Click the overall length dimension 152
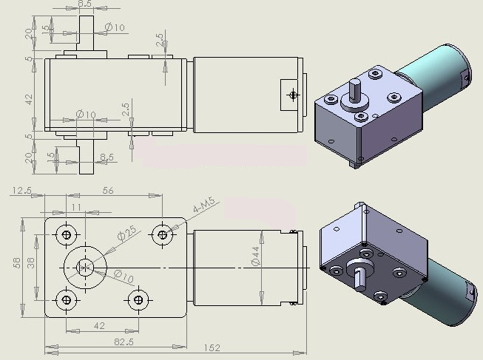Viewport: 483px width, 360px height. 212,348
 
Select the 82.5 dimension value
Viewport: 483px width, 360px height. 124,342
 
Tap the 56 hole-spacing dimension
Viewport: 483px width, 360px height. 108,191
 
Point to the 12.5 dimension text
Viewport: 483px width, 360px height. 21,191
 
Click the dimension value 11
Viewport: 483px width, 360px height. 75,207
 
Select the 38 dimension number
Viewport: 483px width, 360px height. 31,262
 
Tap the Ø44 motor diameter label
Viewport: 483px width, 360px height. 256,256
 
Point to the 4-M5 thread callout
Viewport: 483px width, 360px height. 204,205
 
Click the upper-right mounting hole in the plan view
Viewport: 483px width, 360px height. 162,234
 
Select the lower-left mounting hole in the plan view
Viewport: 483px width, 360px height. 67,299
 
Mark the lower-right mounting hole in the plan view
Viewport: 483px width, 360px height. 138,299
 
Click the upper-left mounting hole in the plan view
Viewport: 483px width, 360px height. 67,234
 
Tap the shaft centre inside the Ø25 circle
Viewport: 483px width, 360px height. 85,268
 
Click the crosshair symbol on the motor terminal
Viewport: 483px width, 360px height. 293,95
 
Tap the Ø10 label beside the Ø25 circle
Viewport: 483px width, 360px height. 124,276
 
